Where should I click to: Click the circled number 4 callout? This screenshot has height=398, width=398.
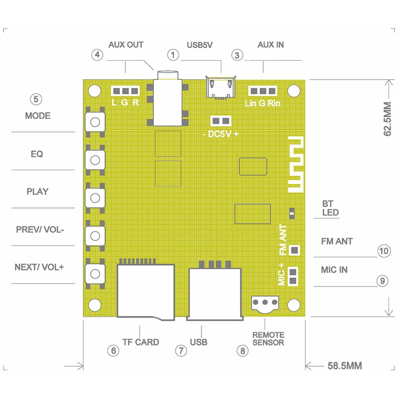pos(97,55)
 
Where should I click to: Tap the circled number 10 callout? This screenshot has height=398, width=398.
pos(384,251)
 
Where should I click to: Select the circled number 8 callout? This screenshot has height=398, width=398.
pos(242,351)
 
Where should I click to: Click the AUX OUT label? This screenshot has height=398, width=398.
pos(126,45)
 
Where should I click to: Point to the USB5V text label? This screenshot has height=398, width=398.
pos(200,45)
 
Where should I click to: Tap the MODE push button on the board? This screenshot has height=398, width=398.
pos(95,122)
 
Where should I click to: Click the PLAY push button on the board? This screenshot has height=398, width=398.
pos(95,198)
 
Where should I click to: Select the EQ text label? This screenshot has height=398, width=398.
pos(37,154)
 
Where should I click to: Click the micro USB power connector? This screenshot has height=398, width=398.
pos(220,88)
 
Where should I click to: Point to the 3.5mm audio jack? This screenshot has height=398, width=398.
pos(168,99)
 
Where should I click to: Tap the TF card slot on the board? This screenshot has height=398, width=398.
pos(146,289)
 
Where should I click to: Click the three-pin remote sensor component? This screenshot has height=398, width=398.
pos(265,304)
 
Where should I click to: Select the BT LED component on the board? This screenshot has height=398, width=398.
pos(292,213)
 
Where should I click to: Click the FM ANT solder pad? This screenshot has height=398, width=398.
pos(295,250)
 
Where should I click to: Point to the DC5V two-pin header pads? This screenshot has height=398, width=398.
pos(220,121)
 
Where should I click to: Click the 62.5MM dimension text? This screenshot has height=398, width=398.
pos(388,119)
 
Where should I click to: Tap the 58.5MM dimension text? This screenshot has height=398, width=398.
pos(345,366)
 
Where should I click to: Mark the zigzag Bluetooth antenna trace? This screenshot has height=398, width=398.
pos(296,165)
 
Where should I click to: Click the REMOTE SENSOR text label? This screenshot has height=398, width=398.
pos(268,339)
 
